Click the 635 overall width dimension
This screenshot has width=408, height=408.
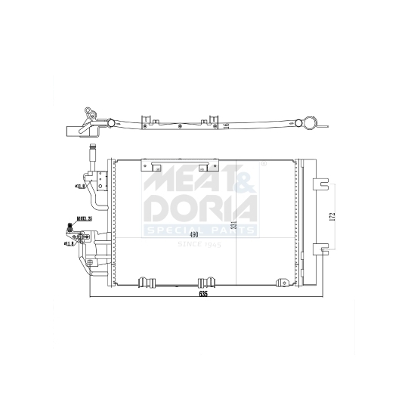point(203,294)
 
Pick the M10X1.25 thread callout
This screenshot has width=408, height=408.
point(83,219)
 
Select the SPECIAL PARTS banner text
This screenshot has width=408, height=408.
point(199,229)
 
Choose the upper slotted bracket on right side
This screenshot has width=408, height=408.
point(322,183)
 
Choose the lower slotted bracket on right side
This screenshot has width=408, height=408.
point(322,248)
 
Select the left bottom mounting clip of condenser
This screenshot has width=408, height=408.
point(147,283)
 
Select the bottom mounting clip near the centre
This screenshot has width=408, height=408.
point(203,283)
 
